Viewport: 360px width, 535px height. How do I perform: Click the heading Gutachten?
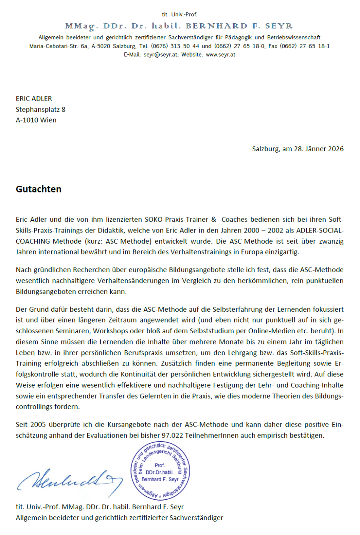(38, 189)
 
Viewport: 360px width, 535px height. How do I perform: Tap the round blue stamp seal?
(160, 470)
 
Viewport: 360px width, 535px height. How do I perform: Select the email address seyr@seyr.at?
(161, 55)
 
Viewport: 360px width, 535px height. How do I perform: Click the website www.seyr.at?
(221, 55)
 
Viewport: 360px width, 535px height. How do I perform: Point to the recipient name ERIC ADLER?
(34, 99)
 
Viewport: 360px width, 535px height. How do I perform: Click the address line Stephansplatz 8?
(40, 110)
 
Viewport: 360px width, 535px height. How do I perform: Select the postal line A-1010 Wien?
(36, 120)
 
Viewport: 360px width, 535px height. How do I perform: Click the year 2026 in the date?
(336, 149)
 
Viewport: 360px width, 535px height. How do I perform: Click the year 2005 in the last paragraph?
(38, 425)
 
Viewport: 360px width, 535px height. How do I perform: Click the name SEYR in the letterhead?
(279, 26)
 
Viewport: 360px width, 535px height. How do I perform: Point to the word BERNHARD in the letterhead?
(216, 26)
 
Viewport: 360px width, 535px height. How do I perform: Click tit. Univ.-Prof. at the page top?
(179, 14)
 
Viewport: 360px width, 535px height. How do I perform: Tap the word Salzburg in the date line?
(266, 149)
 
